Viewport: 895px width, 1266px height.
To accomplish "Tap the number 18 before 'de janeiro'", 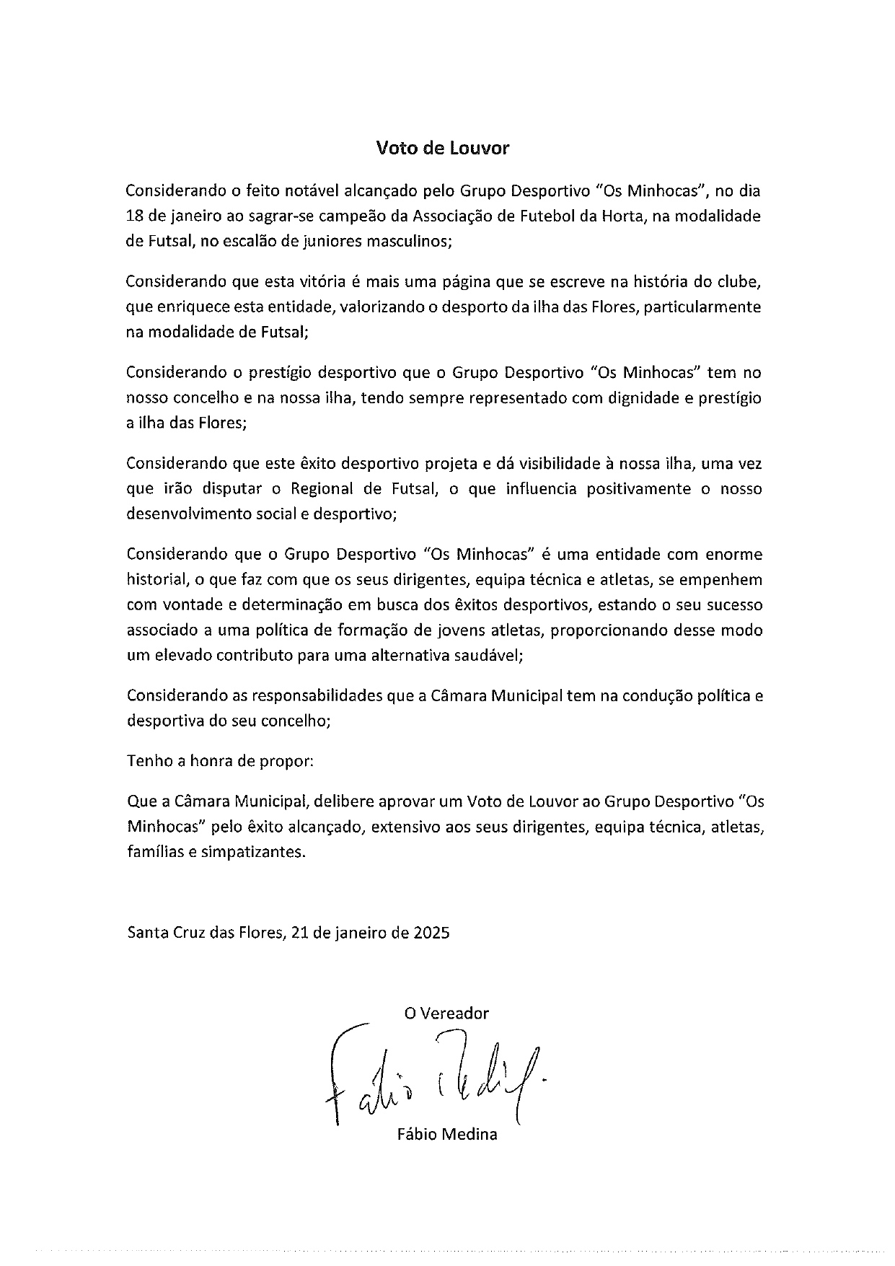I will pyautogui.click(x=136, y=216).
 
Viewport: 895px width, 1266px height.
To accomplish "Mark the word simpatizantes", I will pyautogui.click(x=253, y=851).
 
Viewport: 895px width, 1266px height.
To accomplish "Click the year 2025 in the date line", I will pyautogui.click(x=432, y=932).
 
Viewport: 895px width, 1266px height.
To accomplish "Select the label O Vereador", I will pyautogui.click(x=446, y=1014).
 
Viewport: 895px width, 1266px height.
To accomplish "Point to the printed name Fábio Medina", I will pyautogui.click(x=447, y=1134).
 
